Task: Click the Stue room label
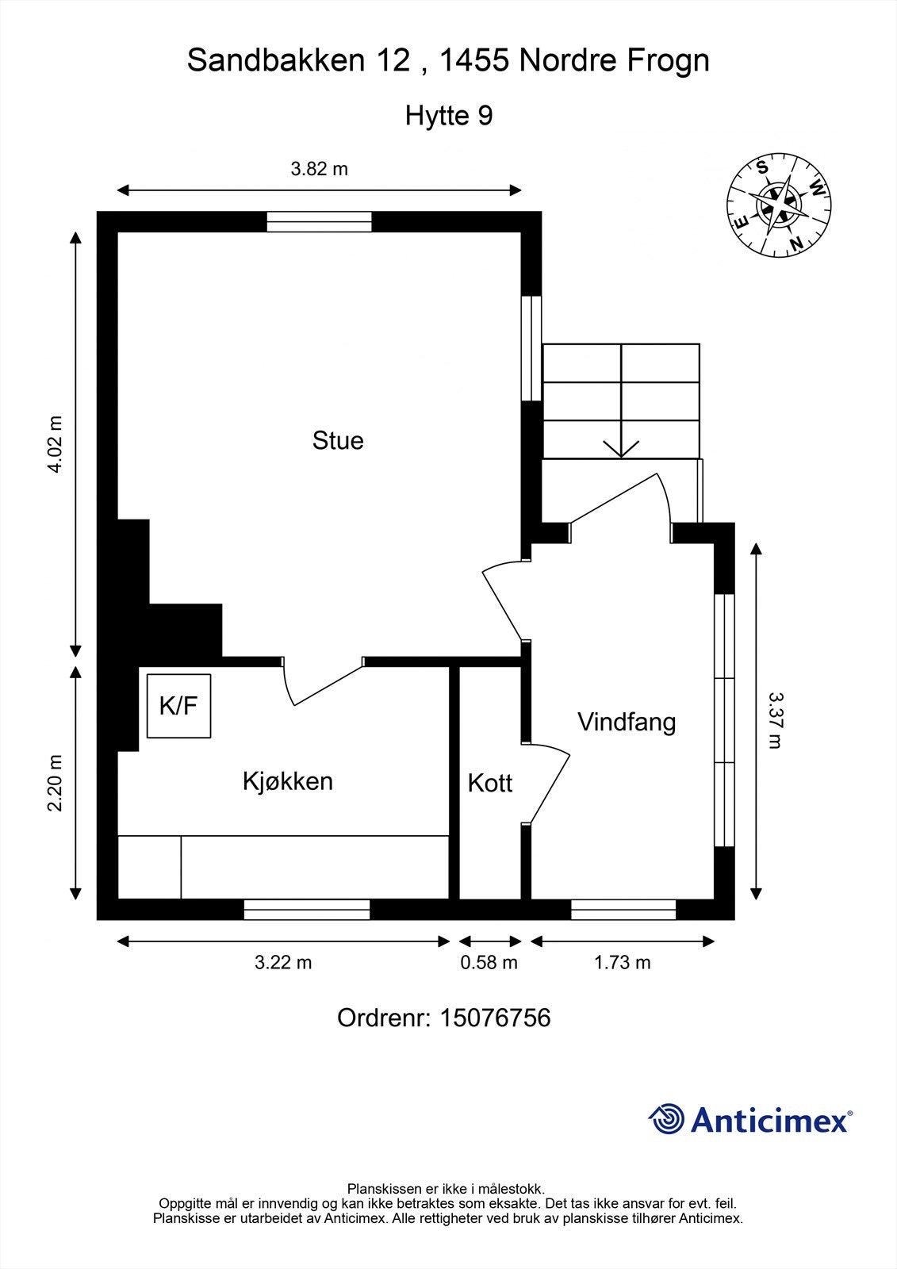click(x=338, y=440)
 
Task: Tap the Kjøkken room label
click(x=287, y=781)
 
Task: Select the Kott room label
click(x=489, y=783)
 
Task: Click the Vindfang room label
click(x=627, y=722)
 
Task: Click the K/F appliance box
click(x=178, y=706)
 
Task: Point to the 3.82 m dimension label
click(x=319, y=169)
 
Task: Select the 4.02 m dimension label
click(x=55, y=444)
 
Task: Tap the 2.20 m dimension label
click(x=55, y=783)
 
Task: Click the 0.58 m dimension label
click(x=489, y=962)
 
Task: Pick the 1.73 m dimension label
click(x=622, y=962)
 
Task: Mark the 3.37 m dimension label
click(x=776, y=720)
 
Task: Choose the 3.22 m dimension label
click(x=283, y=962)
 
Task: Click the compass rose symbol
click(x=780, y=205)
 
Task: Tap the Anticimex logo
click(x=750, y=1119)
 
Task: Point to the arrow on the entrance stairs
click(x=622, y=444)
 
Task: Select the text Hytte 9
click(x=449, y=116)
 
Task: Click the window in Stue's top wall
click(x=319, y=221)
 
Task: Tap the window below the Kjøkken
click(x=306, y=909)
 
